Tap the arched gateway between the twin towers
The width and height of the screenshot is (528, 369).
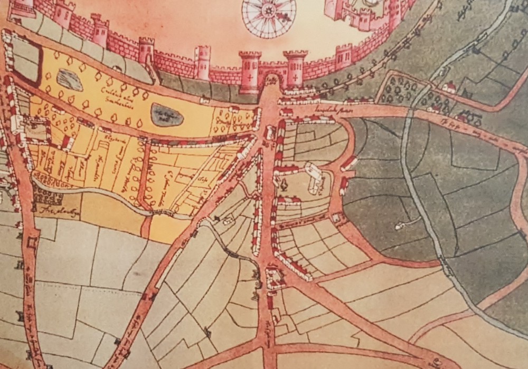tap(272, 80)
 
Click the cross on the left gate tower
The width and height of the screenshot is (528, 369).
tap(250, 75)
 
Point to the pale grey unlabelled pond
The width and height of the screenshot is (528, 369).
tap(69, 80)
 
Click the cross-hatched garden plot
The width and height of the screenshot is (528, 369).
tap(47, 196)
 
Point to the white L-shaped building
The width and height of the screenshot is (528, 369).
tap(315, 177)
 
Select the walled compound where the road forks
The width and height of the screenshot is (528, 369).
tap(275, 278)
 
